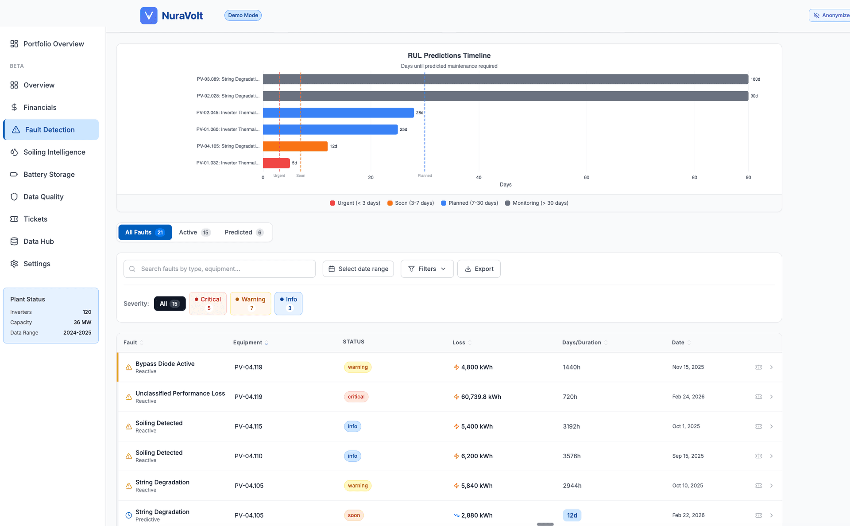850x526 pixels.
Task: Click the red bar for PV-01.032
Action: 276,163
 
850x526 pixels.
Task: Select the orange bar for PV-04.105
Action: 295,146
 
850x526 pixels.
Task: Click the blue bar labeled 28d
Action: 338,113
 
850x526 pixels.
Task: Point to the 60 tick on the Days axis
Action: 587,177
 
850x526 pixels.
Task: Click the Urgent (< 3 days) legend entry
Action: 355,203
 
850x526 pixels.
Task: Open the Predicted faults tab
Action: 243,232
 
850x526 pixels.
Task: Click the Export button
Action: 479,269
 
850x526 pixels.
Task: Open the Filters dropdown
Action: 427,269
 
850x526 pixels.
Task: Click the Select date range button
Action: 358,269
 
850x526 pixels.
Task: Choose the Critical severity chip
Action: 208,304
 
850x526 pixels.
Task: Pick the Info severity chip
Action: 288,304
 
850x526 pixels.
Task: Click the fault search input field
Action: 220,269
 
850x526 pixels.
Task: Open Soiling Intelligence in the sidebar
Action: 54,152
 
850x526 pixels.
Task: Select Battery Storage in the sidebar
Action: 49,175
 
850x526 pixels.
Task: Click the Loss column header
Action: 459,343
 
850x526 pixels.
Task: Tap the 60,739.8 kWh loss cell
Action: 481,397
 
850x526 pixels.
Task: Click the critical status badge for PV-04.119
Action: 356,397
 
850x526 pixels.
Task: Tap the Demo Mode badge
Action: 243,16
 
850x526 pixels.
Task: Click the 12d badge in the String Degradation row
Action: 572,515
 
